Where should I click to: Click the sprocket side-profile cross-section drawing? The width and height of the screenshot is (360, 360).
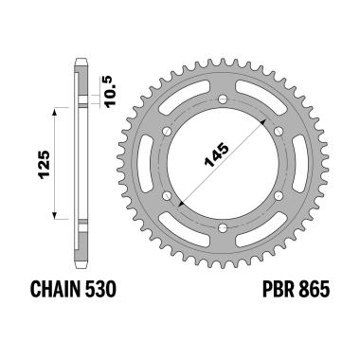pos(81,161)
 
